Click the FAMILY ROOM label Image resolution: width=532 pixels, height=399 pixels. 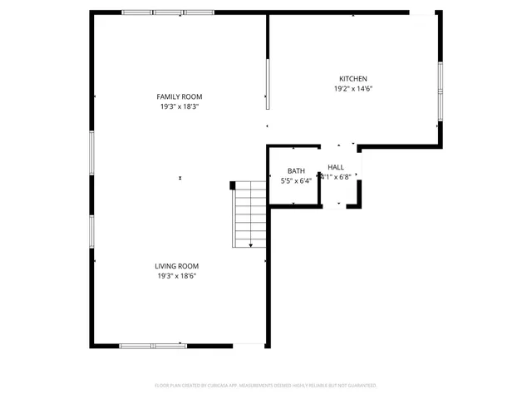(x=180, y=96)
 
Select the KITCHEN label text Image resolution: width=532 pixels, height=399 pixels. (x=352, y=79)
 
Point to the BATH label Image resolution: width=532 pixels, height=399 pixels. (x=296, y=170)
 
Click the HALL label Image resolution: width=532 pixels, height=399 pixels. (x=336, y=167)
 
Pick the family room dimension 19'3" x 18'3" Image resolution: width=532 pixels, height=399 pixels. (x=180, y=106)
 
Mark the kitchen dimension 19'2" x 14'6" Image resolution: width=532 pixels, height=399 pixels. (x=352, y=89)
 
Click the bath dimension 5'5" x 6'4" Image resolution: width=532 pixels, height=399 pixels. (x=296, y=180)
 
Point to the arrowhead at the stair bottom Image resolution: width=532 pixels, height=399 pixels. (x=251, y=245)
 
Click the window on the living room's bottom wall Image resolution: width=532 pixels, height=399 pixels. (x=153, y=345)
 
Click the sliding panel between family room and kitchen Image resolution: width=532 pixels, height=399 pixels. (x=267, y=83)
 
